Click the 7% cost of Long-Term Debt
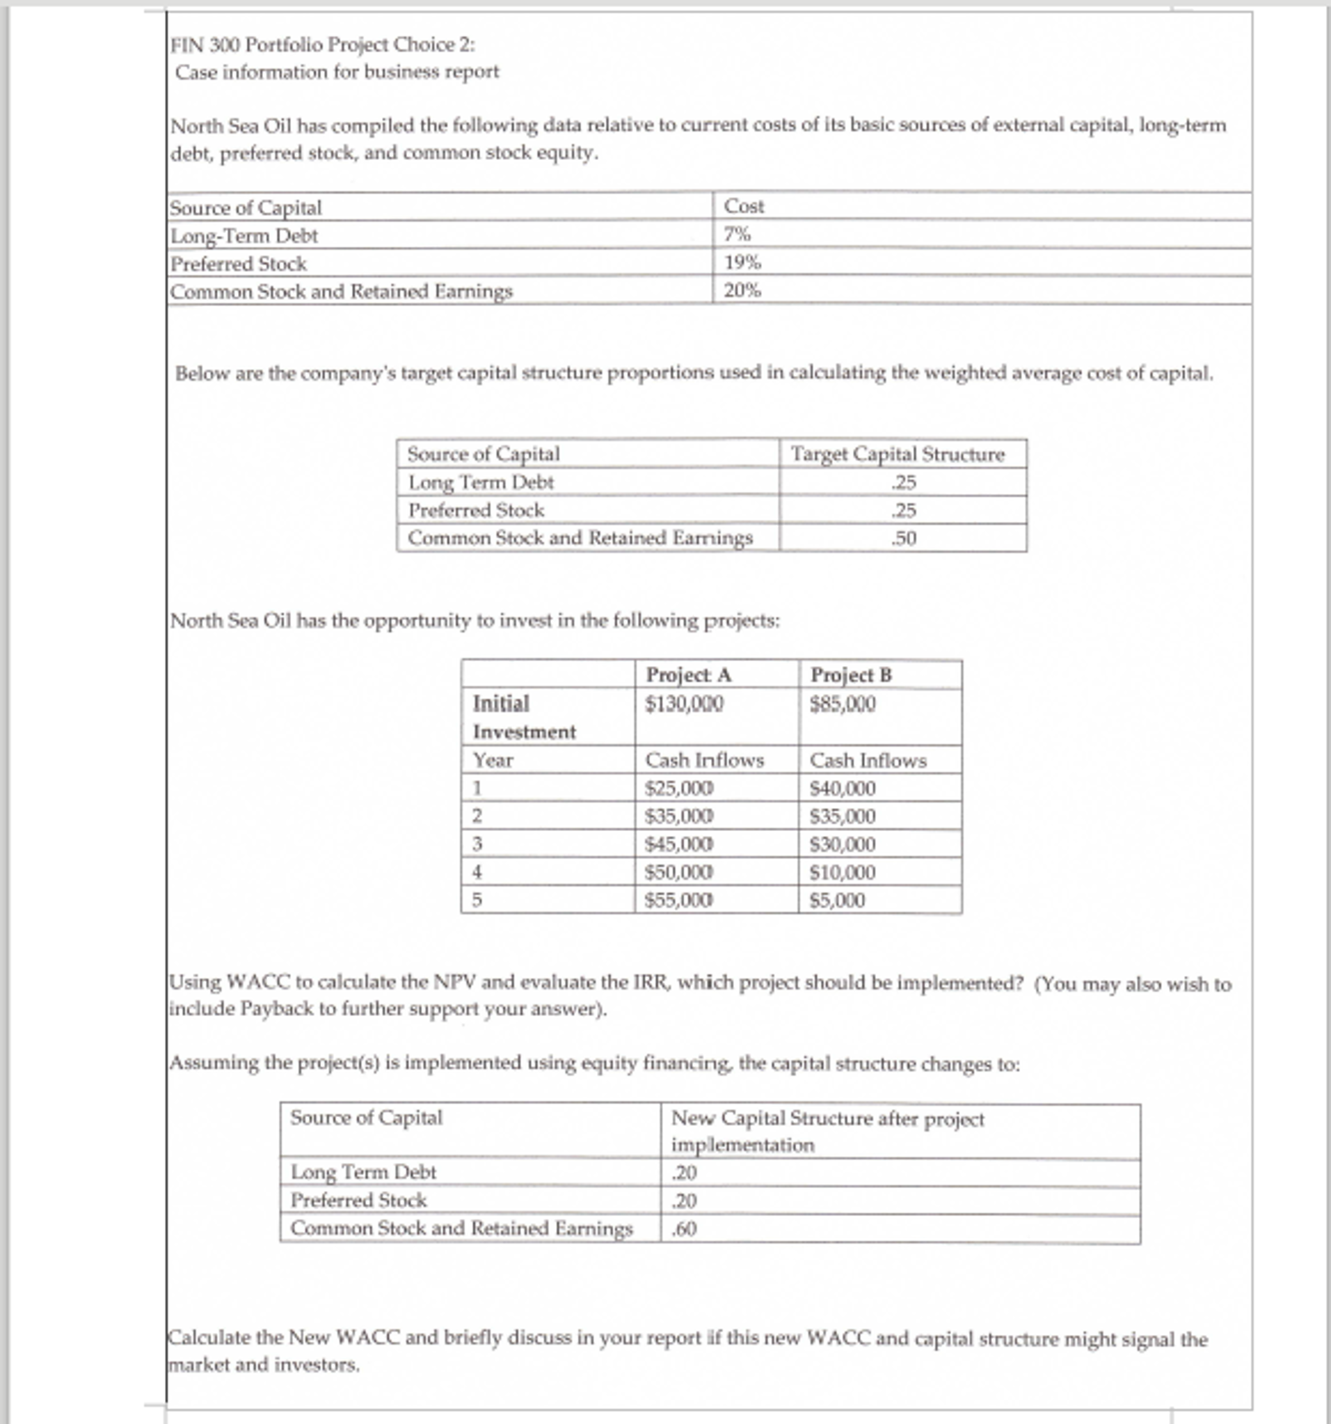[x=737, y=235]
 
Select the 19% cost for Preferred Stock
[x=742, y=262]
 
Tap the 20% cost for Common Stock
[x=742, y=290]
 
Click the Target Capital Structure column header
[x=897, y=454]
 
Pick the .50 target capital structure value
[x=904, y=538]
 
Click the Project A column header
[x=688, y=674]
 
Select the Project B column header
[x=851, y=674]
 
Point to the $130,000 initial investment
[x=684, y=704]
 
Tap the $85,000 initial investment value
[x=842, y=704]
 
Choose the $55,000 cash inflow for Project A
[x=679, y=900]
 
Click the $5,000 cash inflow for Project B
[x=837, y=900]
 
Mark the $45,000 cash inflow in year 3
[x=679, y=844]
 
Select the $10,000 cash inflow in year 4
[x=842, y=872]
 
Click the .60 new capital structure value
[x=684, y=1229]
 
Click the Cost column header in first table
[x=743, y=206]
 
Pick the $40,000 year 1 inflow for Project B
[x=842, y=788]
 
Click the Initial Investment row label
[x=523, y=717]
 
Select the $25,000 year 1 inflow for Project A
[x=679, y=788]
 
